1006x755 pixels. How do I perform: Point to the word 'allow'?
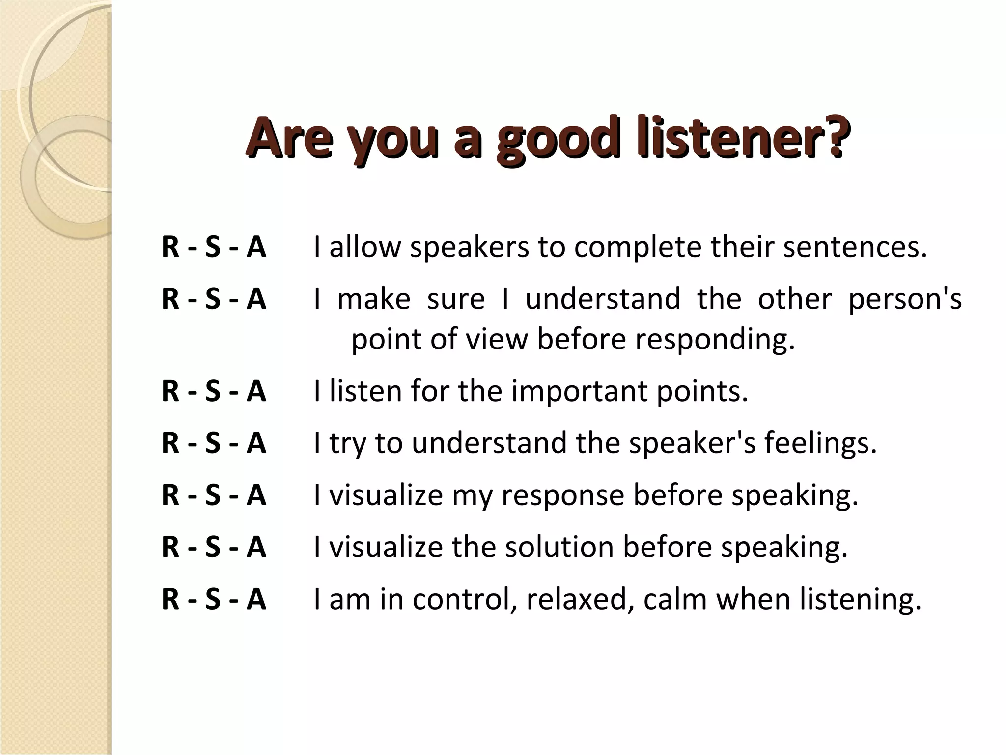(x=365, y=247)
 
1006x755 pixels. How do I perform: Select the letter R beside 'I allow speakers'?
(x=170, y=247)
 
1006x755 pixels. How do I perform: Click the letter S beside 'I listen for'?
(x=213, y=392)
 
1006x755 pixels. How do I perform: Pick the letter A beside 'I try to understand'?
(x=256, y=443)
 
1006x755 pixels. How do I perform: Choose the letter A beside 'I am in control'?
(x=256, y=600)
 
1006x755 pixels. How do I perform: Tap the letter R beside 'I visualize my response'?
(x=170, y=495)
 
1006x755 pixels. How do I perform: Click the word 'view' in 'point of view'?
(x=496, y=339)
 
